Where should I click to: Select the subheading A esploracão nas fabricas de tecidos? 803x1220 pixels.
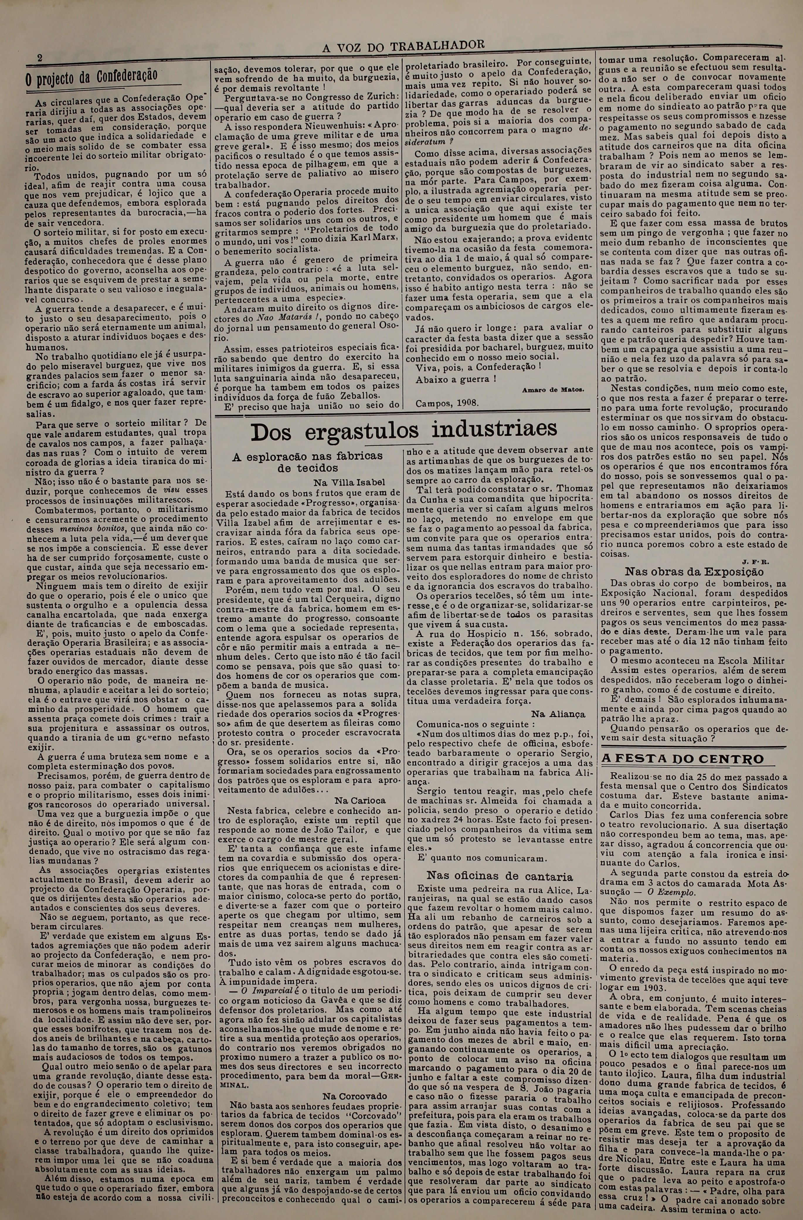(x=308, y=462)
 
